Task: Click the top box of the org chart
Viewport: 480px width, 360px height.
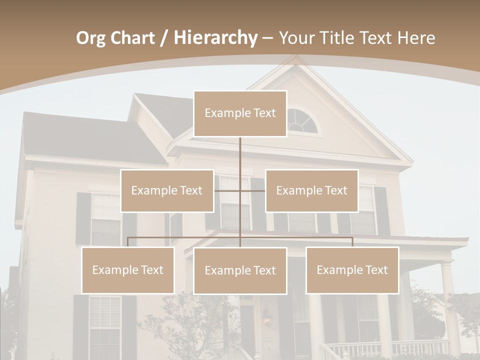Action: click(240, 113)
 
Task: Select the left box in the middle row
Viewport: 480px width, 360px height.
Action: click(167, 190)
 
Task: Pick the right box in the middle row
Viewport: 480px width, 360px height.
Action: click(311, 190)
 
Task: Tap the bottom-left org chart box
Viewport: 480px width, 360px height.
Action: click(128, 270)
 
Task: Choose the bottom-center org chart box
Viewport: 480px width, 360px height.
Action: click(240, 270)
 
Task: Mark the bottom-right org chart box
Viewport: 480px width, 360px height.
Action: click(352, 270)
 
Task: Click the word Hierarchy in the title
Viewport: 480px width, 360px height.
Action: click(215, 38)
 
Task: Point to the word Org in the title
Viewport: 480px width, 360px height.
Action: click(91, 38)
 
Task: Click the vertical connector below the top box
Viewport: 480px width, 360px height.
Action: click(240, 155)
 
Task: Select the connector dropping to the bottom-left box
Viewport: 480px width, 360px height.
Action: click(128, 242)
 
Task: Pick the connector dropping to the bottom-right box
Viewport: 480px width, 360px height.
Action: click(352, 242)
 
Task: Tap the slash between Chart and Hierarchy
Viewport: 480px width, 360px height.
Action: click(164, 38)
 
